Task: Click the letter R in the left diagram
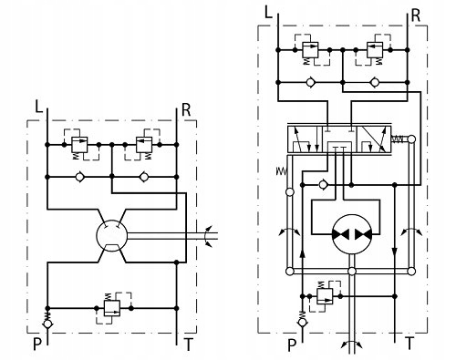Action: point(186,110)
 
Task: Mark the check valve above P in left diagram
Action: point(47,323)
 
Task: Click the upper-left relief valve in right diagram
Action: point(310,51)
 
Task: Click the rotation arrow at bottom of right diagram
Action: point(351,344)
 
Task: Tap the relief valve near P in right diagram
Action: point(326,293)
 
